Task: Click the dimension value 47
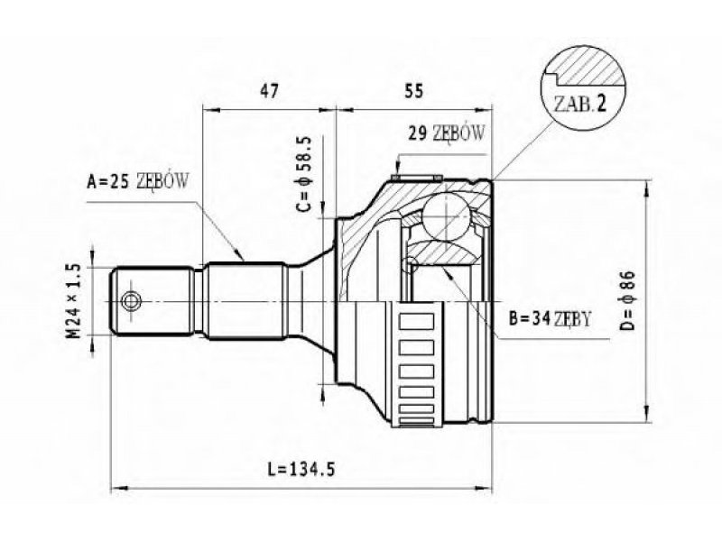pos(269,91)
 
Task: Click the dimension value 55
pos(413,91)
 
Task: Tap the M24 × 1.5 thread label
pos(74,301)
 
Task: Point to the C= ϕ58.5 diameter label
pos(304,174)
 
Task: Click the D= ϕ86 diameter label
pos(626,300)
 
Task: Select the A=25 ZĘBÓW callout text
pos(138,182)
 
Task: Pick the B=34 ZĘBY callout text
pos(550,318)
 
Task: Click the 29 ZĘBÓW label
pos(447,133)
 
